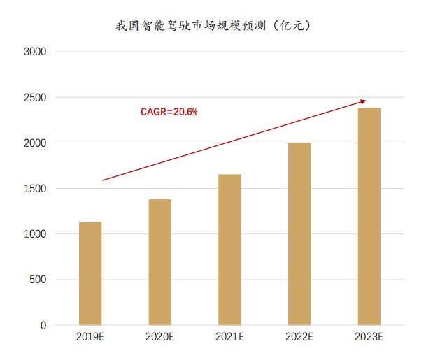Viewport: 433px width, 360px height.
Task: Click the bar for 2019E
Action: [90, 274]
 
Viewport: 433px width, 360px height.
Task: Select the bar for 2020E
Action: [160, 262]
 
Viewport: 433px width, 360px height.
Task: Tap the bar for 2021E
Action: [229, 250]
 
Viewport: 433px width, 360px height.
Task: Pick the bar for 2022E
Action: [299, 234]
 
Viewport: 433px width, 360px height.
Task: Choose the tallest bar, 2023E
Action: [369, 217]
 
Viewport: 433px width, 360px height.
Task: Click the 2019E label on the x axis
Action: [90, 338]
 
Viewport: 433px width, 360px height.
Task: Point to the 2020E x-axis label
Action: [160, 338]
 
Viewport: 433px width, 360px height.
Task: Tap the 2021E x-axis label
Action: [229, 338]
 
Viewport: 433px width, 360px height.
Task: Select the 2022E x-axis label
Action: [299, 338]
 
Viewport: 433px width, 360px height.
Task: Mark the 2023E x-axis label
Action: [369, 338]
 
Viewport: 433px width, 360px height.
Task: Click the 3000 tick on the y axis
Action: [34, 52]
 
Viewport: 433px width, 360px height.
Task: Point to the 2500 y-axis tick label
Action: [34, 98]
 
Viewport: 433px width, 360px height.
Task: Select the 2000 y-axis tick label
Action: [34, 143]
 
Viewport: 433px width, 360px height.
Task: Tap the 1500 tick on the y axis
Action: [34, 189]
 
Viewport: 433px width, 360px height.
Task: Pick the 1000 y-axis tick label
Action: [34, 234]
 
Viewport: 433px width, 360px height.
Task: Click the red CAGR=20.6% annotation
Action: [169, 111]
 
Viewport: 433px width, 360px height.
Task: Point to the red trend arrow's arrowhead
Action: [362, 101]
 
